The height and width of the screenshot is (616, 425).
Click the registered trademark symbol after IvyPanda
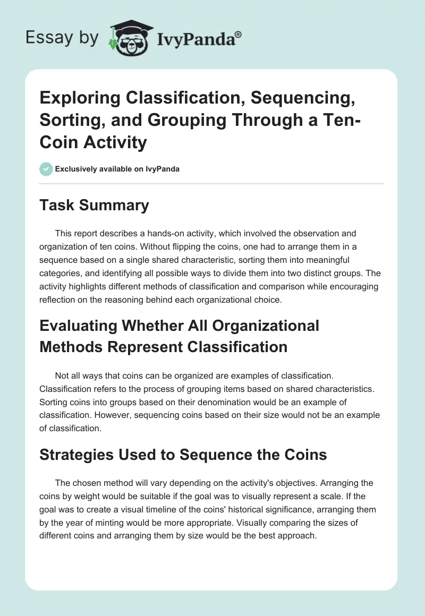click(x=239, y=33)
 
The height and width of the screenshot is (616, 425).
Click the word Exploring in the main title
click(x=76, y=99)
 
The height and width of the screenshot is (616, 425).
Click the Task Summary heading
click(x=94, y=205)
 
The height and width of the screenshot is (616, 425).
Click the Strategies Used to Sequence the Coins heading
click(x=183, y=455)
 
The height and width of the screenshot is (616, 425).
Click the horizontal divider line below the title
click(x=212, y=184)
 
